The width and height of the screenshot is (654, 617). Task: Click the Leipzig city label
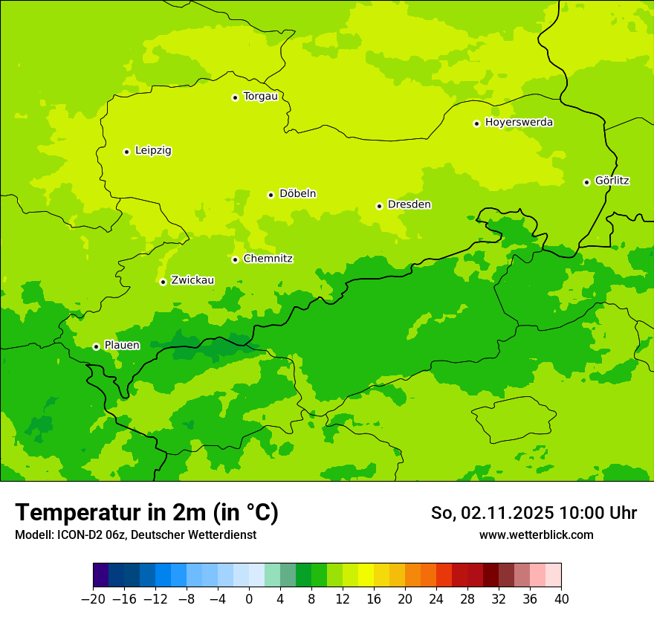[x=153, y=151]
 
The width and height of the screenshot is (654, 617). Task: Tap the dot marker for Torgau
[x=235, y=97]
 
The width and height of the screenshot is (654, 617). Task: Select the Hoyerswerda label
[x=519, y=123]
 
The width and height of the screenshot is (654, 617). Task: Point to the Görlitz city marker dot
[x=586, y=182]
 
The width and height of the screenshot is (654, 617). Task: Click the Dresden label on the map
[x=409, y=205]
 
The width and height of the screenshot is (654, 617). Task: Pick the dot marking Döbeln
[x=271, y=195]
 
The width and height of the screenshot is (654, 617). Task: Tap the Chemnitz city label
[x=268, y=259]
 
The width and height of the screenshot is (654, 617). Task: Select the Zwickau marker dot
[x=163, y=282]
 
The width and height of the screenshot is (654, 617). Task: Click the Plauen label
[x=122, y=346]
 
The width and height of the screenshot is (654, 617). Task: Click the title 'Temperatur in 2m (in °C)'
[x=146, y=513]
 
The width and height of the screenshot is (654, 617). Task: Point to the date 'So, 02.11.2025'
[x=492, y=513]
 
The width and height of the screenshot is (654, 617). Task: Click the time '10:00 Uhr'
[x=598, y=513]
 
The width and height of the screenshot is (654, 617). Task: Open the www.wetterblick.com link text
[x=536, y=535]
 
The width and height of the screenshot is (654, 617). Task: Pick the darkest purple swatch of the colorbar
[x=101, y=575]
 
